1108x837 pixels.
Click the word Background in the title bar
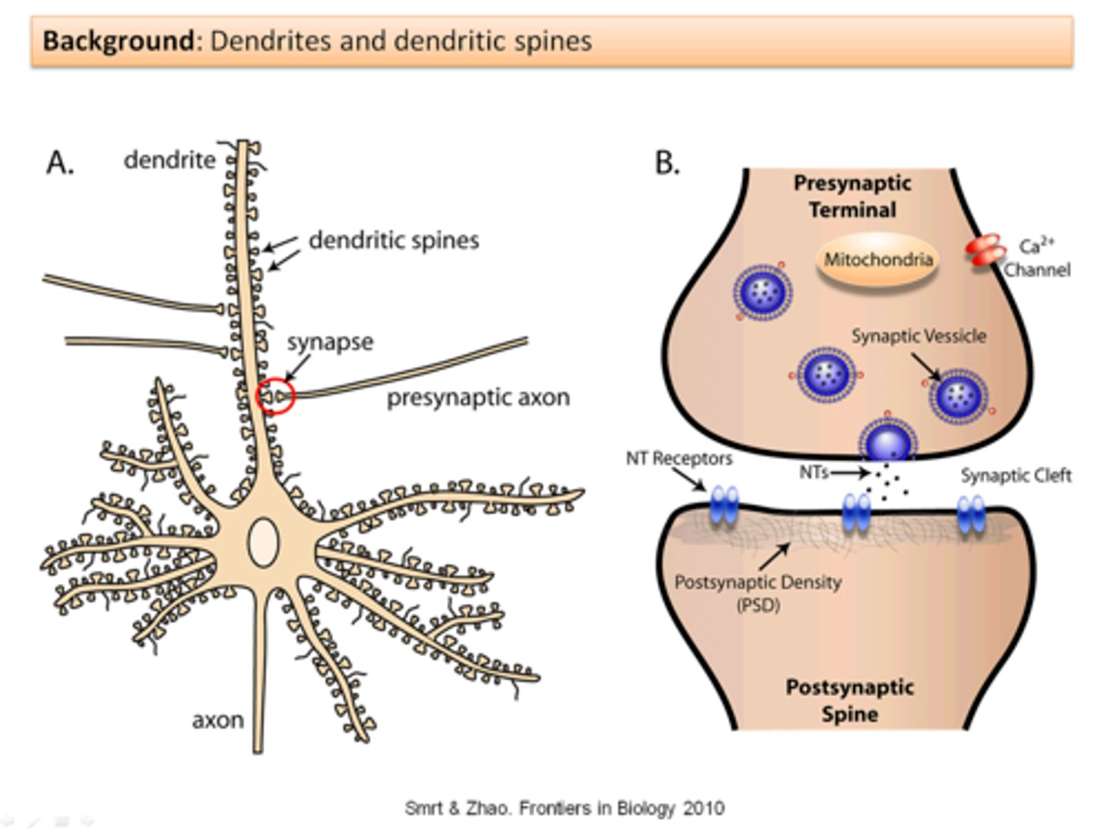click(x=118, y=40)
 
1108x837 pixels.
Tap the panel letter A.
click(x=60, y=162)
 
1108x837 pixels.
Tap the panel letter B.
click(x=666, y=162)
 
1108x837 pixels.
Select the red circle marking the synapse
click(x=275, y=396)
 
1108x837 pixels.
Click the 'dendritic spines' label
click(x=393, y=240)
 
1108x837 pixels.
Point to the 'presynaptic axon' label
click(x=478, y=398)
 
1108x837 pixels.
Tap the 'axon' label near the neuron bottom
click(x=218, y=720)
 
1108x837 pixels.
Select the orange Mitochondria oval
click(x=878, y=260)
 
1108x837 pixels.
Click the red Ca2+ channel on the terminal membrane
click(x=985, y=251)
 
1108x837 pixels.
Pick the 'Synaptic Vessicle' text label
click(x=918, y=336)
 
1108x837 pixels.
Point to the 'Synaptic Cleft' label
click(x=1015, y=475)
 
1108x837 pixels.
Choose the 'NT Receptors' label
click(x=679, y=459)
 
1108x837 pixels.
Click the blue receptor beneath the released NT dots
click(x=856, y=512)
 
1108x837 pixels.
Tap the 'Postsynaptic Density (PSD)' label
click(x=757, y=592)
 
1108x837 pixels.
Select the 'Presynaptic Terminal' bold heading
click(x=852, y=196)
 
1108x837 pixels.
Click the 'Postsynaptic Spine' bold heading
click(x=849, y=700)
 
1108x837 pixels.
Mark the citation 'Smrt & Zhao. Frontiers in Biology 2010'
click(x=564, y=809)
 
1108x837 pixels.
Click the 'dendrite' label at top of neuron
click(x=169, y=160)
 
